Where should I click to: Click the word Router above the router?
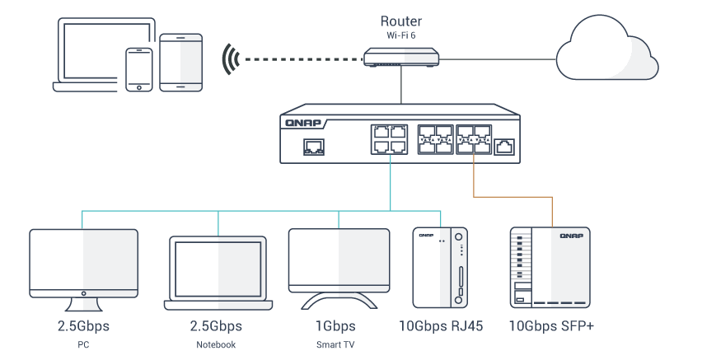coord(400,21)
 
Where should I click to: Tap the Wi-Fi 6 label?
coord(400,35)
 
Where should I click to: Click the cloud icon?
coord(606,48)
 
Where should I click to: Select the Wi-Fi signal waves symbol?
coord(231,58)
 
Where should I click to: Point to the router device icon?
coord(401,58)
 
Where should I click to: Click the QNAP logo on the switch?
coord(303,123)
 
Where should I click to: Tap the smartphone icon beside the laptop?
coord(138,70)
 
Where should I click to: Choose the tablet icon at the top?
coord(181,63)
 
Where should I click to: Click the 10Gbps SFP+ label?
coord(551,326)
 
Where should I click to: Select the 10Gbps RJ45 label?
coord(441,326)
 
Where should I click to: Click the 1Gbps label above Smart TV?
coord(335,326)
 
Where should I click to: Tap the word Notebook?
coord(216,345)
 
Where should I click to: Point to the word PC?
coord(83,345)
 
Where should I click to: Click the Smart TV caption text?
coord(335,345)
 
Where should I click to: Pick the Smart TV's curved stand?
coord(339,301)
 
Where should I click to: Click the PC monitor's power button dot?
coord(84,294)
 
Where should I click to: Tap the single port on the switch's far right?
coord(504,147)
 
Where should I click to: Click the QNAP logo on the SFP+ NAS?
coord(571,236)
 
